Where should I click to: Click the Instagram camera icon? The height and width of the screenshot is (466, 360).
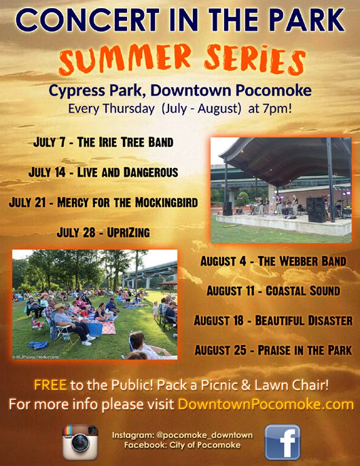[80, 442]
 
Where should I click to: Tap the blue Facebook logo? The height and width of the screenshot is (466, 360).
[283, 442]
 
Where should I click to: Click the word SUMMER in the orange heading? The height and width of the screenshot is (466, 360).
[125, 59]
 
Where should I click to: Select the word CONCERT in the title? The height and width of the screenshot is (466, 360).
[88, 20]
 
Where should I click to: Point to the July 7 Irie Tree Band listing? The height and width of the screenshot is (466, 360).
[103, 142]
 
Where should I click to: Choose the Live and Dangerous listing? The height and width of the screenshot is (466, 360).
[103, 173]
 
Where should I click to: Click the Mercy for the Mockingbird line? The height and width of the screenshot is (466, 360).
[103, 202]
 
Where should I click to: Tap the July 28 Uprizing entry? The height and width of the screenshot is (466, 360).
[103, 232]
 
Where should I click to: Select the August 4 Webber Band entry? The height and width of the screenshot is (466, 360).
[273, 262]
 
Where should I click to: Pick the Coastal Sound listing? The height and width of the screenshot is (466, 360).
[273, 291]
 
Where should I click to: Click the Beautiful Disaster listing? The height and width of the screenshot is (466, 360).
[273, 321]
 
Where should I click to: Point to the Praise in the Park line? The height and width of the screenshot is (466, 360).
[273, 350]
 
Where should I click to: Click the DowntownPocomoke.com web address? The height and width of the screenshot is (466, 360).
[266, 404]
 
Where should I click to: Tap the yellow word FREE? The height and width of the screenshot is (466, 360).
[50, 385]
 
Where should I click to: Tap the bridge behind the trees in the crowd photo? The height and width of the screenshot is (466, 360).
[150, 273]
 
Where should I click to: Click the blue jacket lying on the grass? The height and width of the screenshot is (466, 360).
[38, 345]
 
